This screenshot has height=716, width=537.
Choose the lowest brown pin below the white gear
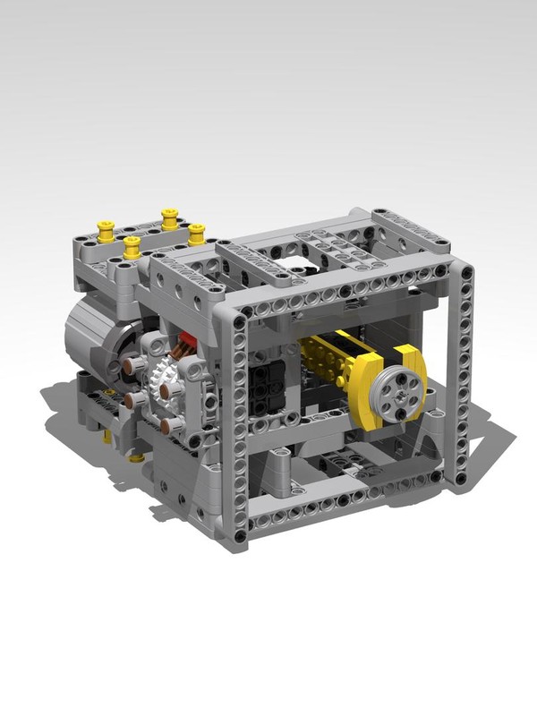point(167,422)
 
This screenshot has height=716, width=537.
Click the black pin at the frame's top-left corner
point(239,315)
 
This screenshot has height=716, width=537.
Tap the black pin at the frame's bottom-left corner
point(243,528)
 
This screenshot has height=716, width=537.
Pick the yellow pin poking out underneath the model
point(136,457)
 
